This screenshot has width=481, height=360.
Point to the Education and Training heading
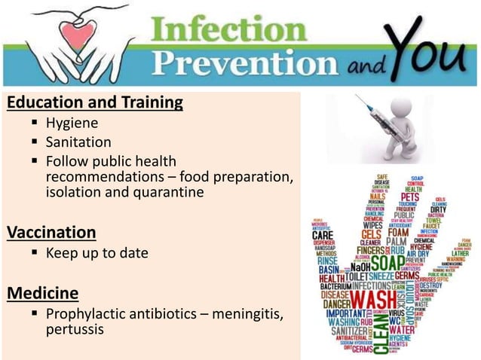click(94, 102)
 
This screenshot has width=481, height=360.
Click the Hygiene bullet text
click(72, 123)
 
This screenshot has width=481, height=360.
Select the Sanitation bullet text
click(78, 142)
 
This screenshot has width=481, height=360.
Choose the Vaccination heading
click(51, 232)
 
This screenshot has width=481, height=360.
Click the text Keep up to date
click(97, 253)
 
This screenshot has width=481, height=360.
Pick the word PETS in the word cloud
click(409, 197)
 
